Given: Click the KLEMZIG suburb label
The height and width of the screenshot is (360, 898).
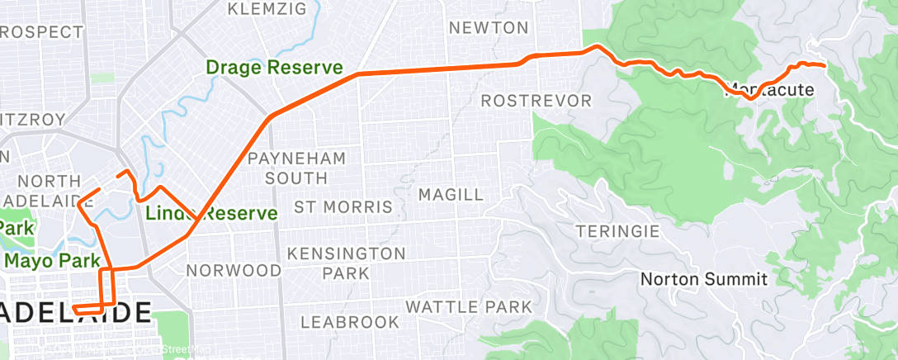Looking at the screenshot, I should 267,10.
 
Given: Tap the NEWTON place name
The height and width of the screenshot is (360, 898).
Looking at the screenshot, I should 489,28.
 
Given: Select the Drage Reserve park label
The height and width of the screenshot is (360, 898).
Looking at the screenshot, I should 275,67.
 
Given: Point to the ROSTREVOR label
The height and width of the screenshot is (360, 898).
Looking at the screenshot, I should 536,101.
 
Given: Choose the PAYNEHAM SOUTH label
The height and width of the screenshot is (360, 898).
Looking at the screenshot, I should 296,167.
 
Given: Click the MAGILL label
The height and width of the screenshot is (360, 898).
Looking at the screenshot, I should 451,195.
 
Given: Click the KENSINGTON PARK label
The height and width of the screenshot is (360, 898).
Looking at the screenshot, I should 346,263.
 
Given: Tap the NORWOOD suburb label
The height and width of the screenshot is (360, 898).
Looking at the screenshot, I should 234,270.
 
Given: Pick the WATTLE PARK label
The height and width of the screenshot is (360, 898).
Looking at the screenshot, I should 468,307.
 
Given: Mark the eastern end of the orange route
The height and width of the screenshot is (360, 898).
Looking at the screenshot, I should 825,64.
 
